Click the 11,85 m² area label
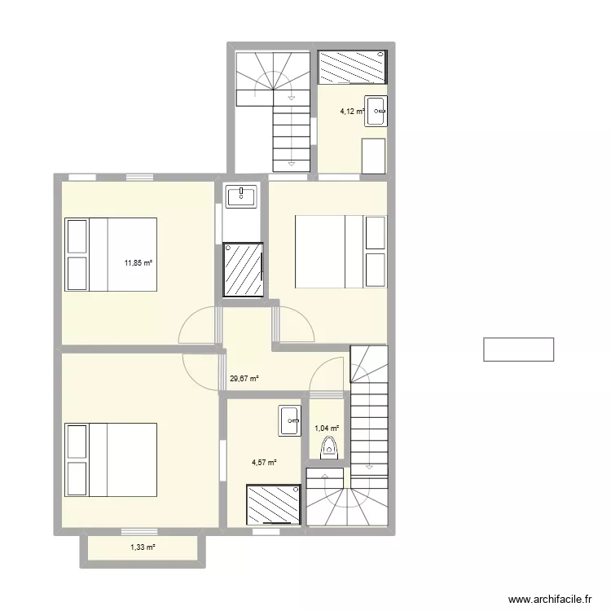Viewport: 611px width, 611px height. [x=138, y=262]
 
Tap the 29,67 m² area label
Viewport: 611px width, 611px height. [x=244, y=378]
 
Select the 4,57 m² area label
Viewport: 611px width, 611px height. [x=263, y=463]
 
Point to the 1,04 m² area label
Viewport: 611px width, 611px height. [x=327, y=427]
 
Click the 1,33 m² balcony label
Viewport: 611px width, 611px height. [x=143, y=547]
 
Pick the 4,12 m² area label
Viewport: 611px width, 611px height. [x=351, y=113]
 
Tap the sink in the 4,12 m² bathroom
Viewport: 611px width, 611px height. [x=376, y=112]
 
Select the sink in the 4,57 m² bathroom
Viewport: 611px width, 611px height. [x=290, y=420]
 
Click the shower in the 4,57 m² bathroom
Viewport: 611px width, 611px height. [x=274, y=505]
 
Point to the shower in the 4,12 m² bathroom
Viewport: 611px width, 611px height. [x=351, y=67]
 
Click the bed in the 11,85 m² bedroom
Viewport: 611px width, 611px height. [x=111, y=253]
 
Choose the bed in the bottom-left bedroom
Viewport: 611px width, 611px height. [x=111, y=459]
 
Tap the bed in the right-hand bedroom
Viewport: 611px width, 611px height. [x=340, y=251]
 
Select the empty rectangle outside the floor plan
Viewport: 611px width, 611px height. [x=518, y=349]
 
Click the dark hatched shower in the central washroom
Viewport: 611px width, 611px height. [x=244, y=269]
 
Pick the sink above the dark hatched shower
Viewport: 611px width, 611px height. [x=242, y=196]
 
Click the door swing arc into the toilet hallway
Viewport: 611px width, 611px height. [x=326, y=373]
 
